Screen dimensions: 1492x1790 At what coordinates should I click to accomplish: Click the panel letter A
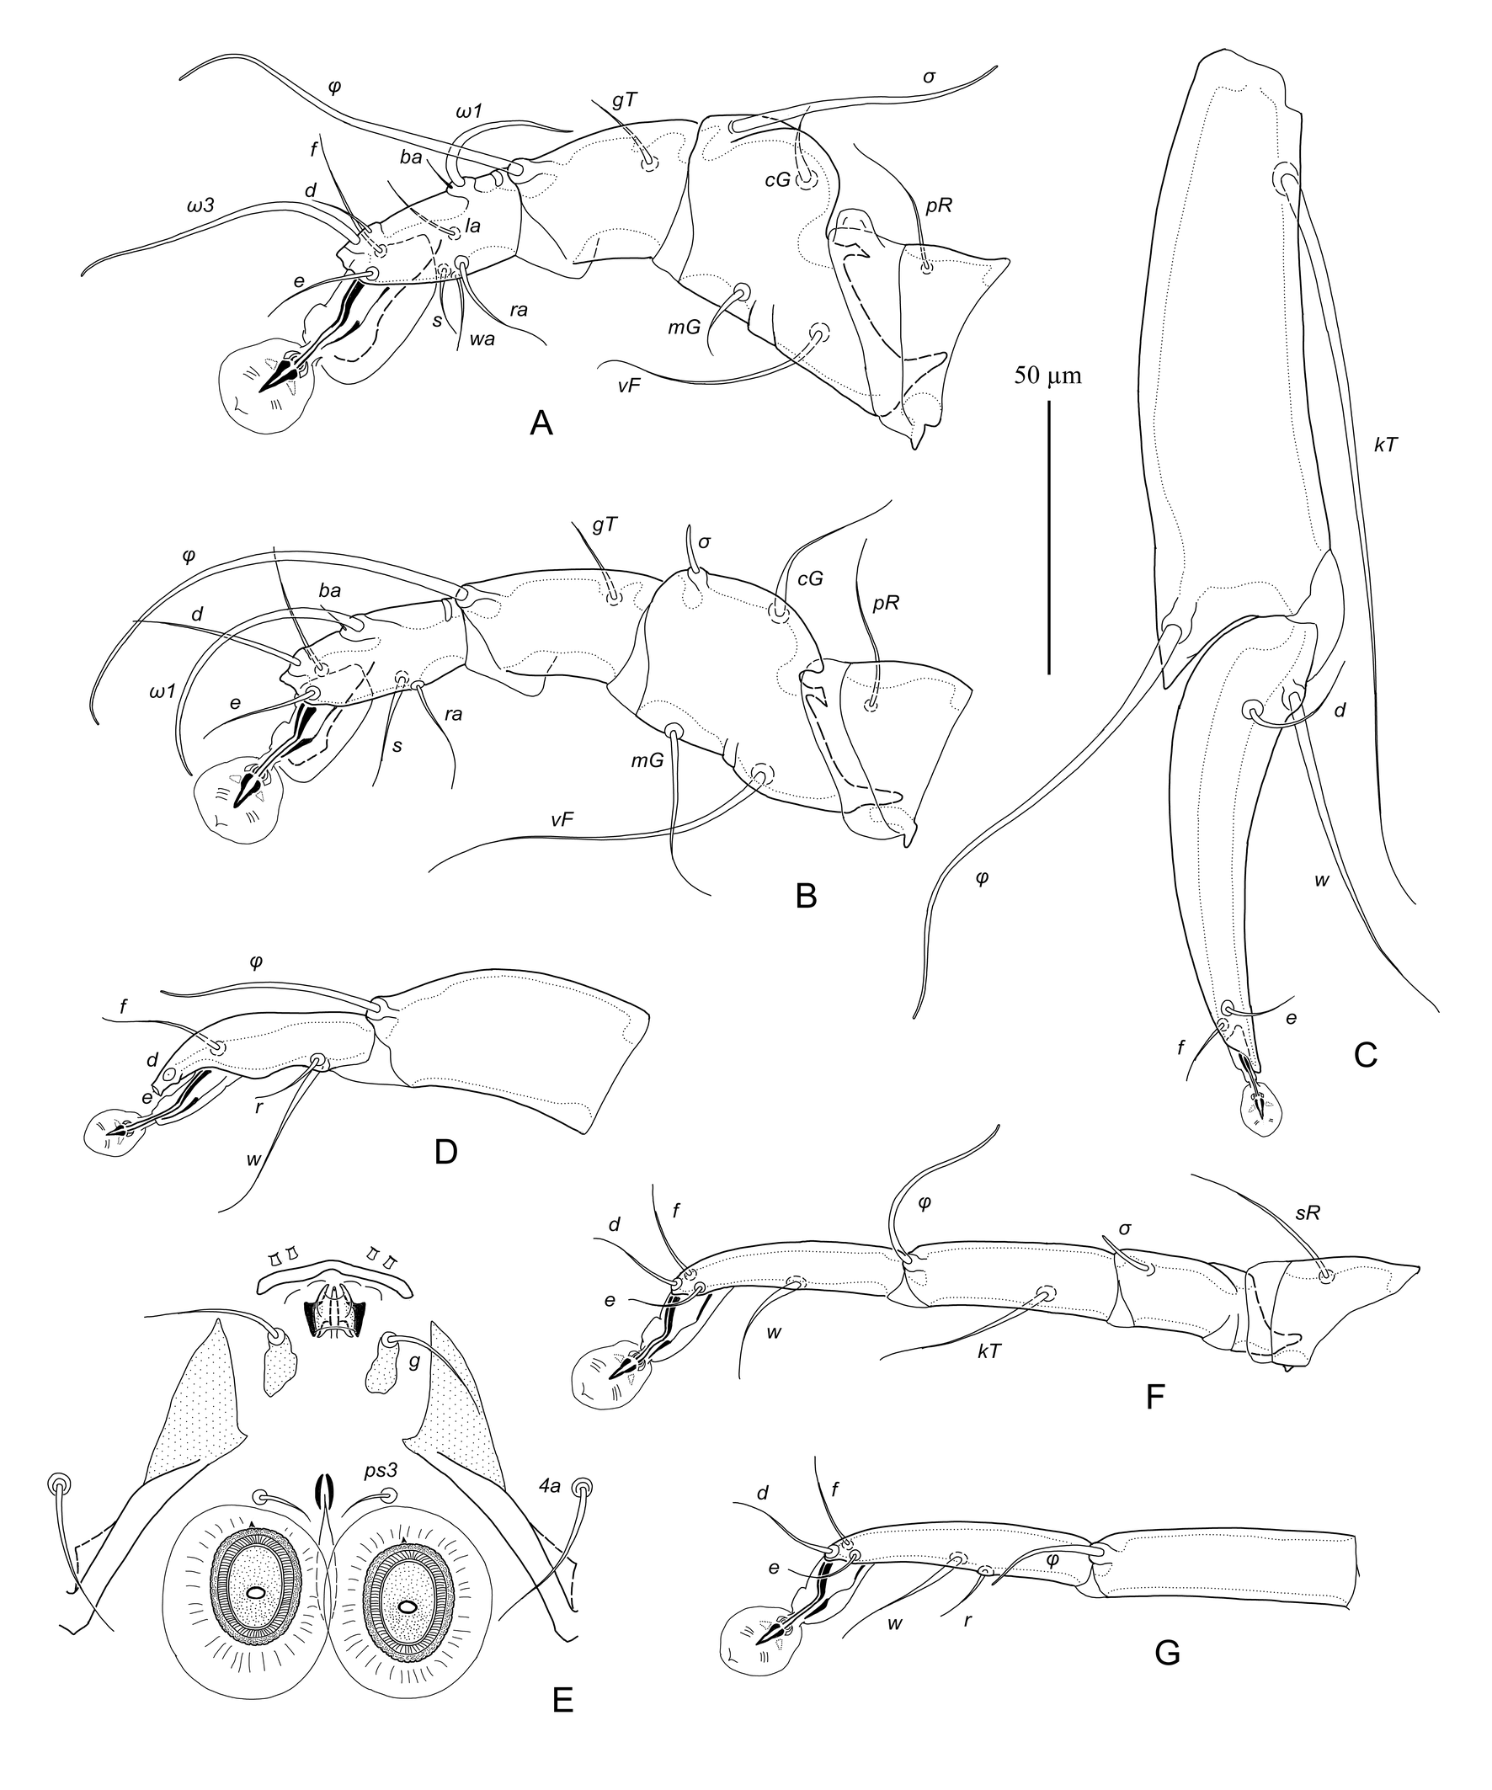click(x=541, y=423)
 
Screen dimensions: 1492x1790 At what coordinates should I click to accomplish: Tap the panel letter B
click(x=806, y=896)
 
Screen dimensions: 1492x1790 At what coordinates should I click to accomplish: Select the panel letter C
click(x=1366, y=1055)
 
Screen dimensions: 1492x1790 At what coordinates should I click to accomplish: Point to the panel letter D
click(x=446, y=1152)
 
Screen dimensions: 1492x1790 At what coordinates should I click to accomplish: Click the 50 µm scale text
click(x=1047, y=375)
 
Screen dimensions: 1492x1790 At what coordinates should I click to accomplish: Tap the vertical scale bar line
click(x=1048, y=536)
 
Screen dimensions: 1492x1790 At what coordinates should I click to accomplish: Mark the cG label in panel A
click(x=777, y=180)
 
